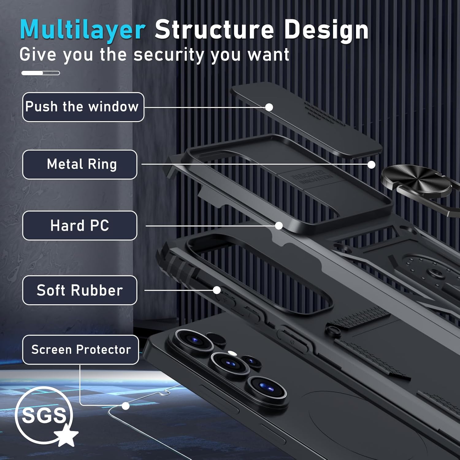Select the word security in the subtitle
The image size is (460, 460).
[169, 55]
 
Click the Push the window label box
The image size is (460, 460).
[83, 107]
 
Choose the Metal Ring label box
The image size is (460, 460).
[80, 164]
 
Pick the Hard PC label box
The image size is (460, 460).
[80, 225]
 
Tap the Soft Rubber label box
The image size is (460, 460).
[80, 290]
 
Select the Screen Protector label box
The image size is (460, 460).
[81, 350]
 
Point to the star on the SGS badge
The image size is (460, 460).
[66, 435]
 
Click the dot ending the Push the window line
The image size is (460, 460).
[269, 107]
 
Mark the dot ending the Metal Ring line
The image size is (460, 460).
[371, 165]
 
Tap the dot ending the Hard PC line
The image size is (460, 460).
[279, 226]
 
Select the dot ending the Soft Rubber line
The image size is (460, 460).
[217, 290]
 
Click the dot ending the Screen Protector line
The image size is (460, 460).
[125, 406]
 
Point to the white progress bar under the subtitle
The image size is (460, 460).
[40, 73]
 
